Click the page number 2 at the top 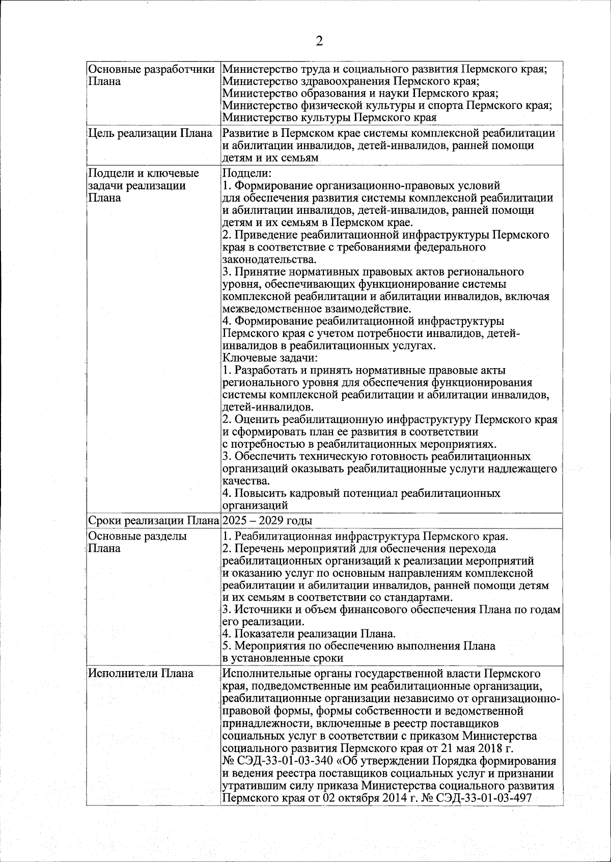click(x=319, y=41)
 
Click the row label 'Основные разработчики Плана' click(x=151, y=75)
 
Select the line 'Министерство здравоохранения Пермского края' click(x=351, y=81)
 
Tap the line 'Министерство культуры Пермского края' click(x=329, y=118)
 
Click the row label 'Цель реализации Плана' click(x=150, y=133)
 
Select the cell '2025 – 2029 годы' click(x=267, y=520)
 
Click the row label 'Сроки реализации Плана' click(x=153, y=520)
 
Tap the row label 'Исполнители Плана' click(x=141, y=673)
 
